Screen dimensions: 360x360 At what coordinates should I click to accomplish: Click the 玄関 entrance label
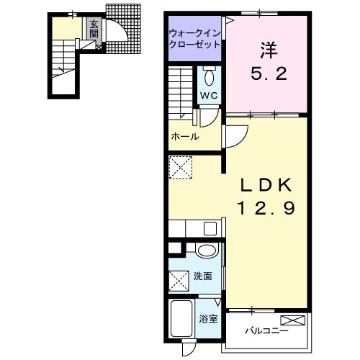(x=94, y=30)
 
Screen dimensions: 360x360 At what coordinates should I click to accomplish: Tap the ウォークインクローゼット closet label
(x=194, y=39)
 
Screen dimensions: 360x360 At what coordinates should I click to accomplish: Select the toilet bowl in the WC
(x=210, y=77)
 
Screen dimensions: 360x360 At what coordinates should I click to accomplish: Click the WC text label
(x=209, y=96)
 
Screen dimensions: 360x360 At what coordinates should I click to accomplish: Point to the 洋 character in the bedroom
(x=269, y=50)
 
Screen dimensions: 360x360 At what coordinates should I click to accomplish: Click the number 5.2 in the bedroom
(x=269, y=73)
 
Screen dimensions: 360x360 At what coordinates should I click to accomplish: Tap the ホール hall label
(x=185, y=137)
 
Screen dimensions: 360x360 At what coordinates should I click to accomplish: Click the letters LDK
(x=266, y=185)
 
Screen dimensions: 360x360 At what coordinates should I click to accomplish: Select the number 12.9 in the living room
(x=266, y=208)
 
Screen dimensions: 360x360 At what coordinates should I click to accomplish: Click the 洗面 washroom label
(x=203, y=276)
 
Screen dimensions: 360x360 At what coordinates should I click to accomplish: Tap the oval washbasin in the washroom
(x=207, y=250)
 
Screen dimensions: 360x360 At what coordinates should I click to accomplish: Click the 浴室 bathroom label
(x=208, y=319)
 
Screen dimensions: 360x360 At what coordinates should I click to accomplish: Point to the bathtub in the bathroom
(x=181, y=318)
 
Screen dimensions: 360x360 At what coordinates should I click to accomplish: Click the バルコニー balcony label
(x=266, y=331)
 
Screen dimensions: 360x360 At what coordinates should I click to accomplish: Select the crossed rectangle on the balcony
(x=293, y=320)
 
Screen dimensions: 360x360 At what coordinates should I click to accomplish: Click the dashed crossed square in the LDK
(x=181, y=167)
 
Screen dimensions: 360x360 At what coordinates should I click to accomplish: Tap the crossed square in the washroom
(x=179, y=281)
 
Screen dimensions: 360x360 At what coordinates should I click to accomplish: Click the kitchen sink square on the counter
(x=210, y=228)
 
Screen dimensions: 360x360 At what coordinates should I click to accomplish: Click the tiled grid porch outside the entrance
(x=123, y=28)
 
